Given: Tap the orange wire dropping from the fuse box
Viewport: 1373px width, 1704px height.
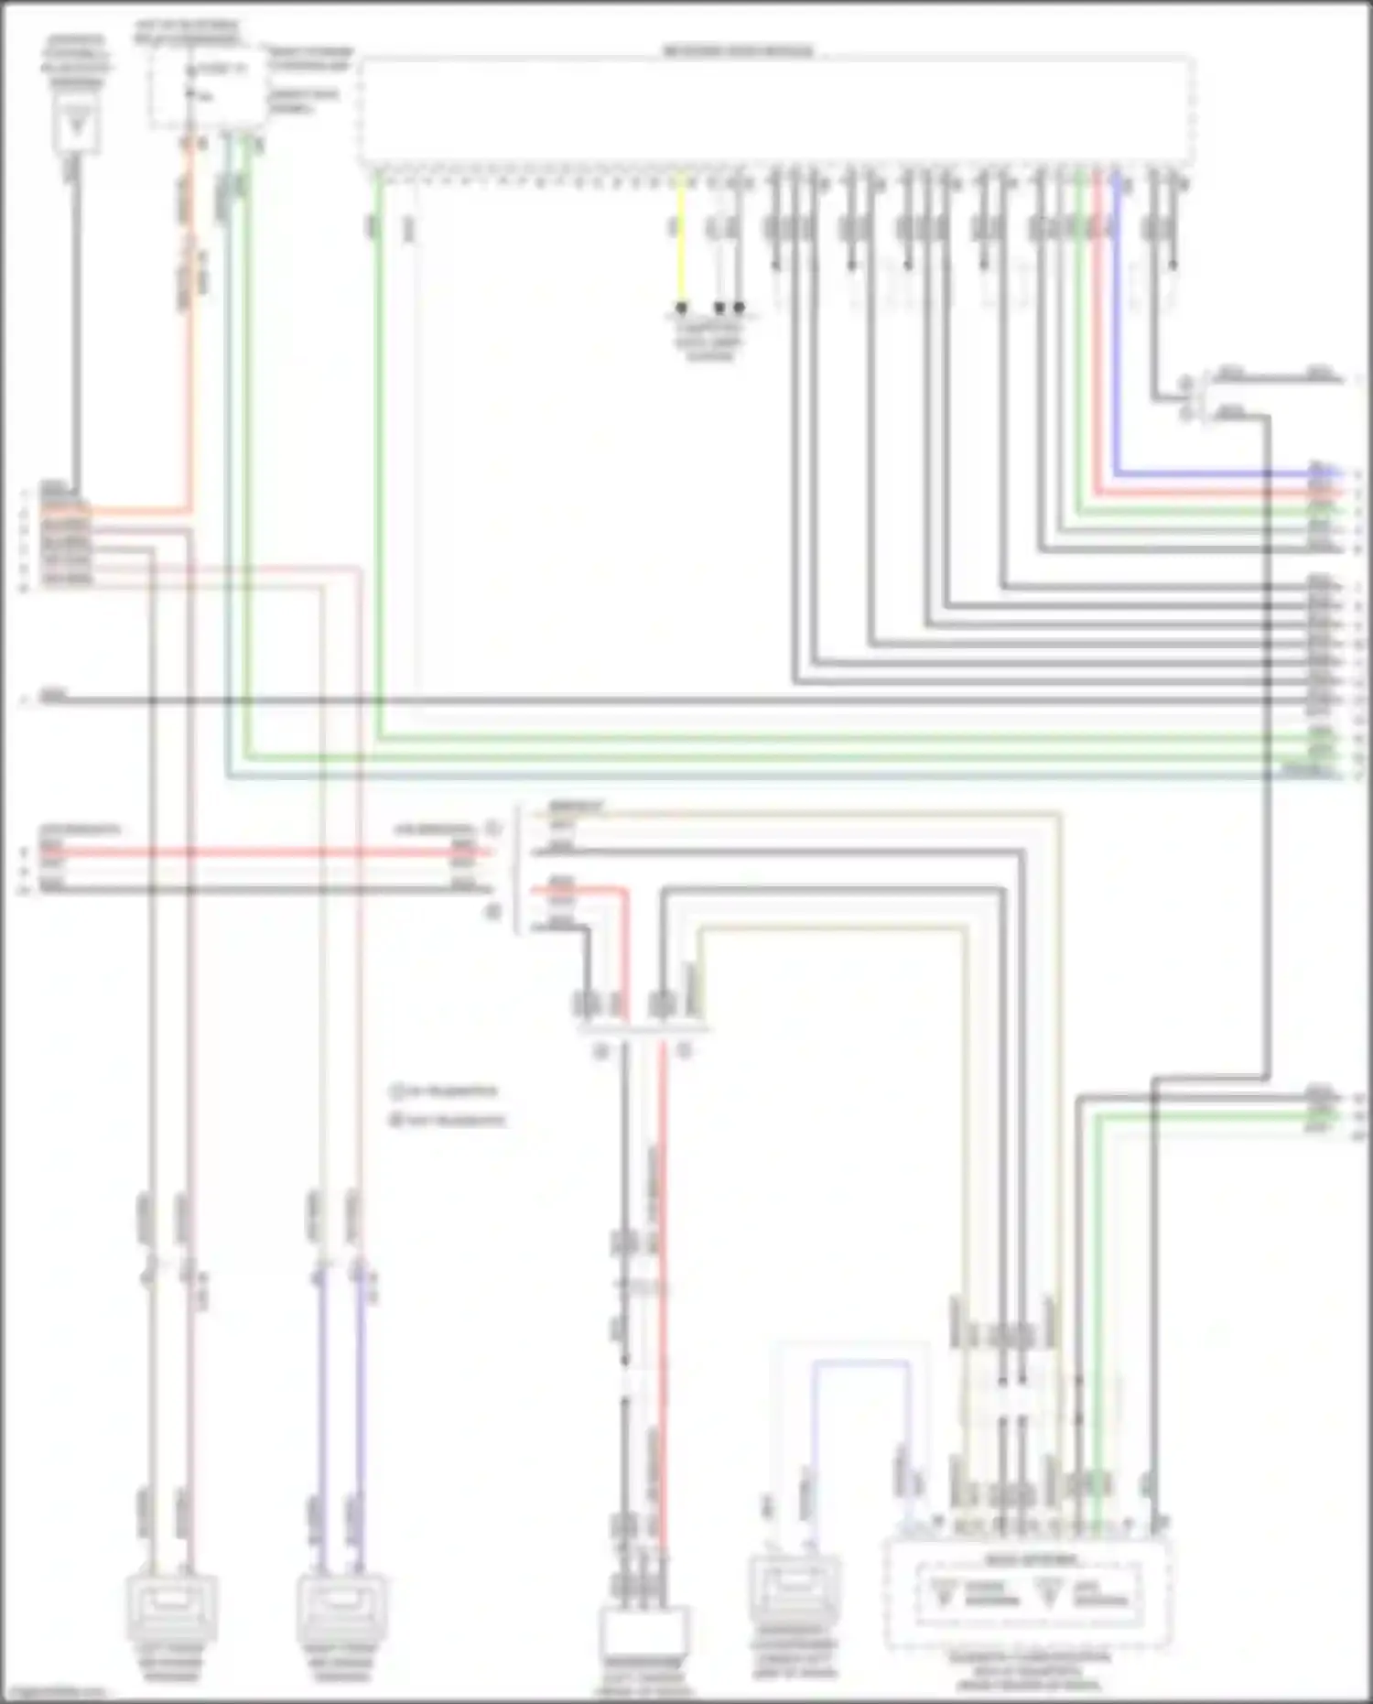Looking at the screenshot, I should [190, 366].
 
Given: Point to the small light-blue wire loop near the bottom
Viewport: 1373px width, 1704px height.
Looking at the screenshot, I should [860, 1363].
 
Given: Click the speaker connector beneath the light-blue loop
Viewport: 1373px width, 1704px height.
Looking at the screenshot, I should [794, 1593].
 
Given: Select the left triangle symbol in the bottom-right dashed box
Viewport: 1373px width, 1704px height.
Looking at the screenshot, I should [943, 1594].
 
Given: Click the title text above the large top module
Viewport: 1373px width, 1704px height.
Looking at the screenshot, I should [738, 51].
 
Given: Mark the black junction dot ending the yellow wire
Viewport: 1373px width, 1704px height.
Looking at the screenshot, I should [681, 308].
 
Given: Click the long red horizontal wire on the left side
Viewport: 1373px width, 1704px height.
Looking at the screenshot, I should [256, 852].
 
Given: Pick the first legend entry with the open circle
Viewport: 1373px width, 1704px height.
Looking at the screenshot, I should [444, 1091].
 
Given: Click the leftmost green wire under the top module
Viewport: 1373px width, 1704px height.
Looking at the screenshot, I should [377, 458].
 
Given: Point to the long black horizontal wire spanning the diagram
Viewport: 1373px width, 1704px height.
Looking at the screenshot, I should [641, 701].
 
